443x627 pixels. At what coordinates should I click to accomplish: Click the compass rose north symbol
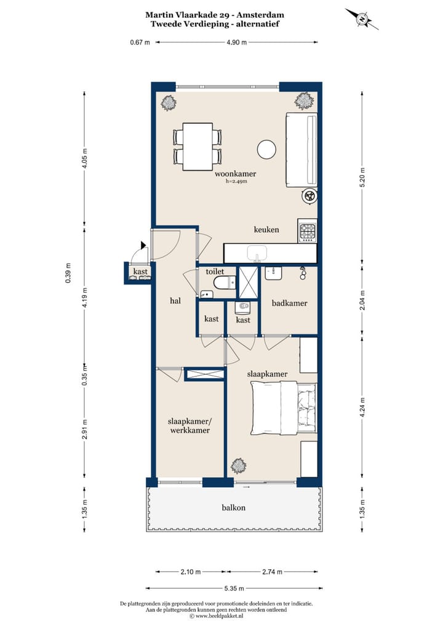(x=362, y=19)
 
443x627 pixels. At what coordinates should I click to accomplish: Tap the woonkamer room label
(x=235, y=174)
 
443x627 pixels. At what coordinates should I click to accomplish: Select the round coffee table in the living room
(x=266, y=150)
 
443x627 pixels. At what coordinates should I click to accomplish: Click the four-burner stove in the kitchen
(x=308, y=231)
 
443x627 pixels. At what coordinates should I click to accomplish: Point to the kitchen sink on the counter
(x=257, y=254)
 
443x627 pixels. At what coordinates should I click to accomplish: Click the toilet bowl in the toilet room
(x=225, y=283)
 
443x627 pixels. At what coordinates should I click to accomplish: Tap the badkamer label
(x=290, y=303)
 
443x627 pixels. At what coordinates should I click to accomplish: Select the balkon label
(x=234, y=508)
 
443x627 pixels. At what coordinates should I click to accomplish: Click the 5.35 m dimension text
(x=234, y=588)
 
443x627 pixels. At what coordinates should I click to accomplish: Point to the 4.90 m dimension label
(x=236, y=42)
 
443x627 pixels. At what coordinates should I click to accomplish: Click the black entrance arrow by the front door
(x=143, y=245)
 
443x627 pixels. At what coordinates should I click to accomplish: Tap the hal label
(x=175, y=301)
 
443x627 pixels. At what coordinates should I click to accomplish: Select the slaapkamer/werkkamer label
(x=190, y=426)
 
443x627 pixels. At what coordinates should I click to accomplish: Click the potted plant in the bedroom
(x=239, y=466)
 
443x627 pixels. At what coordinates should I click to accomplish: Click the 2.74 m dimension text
(x=272, y=572)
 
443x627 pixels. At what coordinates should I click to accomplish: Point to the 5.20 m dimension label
(x=362, y=177)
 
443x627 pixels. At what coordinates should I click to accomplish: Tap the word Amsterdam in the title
(x=260, y=15)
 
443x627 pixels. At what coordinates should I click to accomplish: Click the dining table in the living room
(x=198, y=147)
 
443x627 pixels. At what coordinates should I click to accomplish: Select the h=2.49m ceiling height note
(x=236, y=181)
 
